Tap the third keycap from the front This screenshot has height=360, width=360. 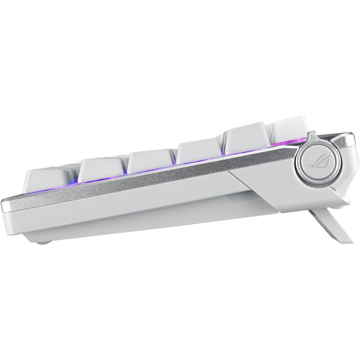click(x=151, y=161)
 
